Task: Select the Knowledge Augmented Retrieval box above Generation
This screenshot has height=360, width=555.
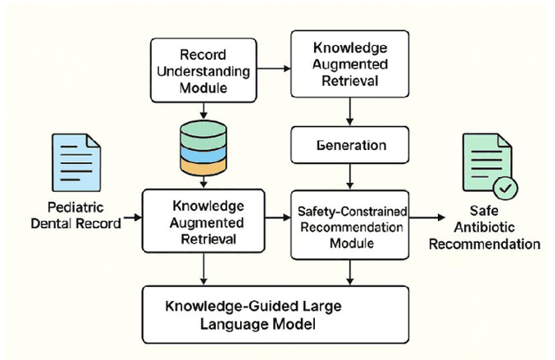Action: [349, 62]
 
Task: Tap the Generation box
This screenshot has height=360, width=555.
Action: [349, 144]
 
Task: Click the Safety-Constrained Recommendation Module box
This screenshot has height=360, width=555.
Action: [349, 226]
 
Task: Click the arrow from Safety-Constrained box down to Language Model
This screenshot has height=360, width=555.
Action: [349, 272]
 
